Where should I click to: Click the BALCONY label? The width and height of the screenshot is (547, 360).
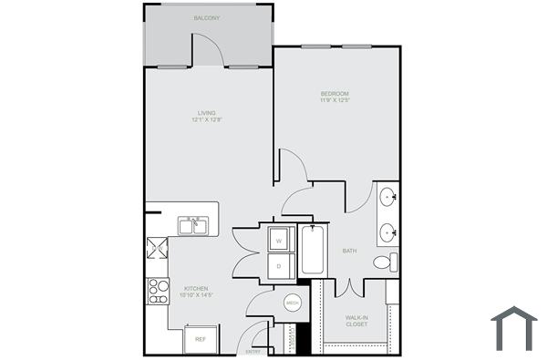click(x=207, y=18)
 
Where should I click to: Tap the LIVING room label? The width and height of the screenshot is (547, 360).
click(x=205, y=114)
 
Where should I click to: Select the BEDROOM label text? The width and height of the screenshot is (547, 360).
click(x=335, y=94)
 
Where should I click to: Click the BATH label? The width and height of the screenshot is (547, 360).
click(x=349, y=251)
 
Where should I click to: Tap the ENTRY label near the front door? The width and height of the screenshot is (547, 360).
click(x=253, y=352)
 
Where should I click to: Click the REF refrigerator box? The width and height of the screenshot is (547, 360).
click(x=201, y=339)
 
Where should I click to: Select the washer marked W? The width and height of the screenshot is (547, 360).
click(x=278, y=241)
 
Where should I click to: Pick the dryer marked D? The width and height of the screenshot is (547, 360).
click(x=278, y=265)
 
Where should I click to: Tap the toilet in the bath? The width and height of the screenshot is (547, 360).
click(x=384, y=262)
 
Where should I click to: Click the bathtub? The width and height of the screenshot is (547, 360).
click(x=311, y=251)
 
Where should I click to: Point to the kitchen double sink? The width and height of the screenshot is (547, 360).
click(x=191, y=224)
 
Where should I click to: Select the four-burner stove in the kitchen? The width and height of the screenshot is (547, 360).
click(x=159, y=291)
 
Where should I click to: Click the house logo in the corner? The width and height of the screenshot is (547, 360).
click(x=513, y=327)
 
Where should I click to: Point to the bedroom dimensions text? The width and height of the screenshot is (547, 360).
click(x=335, y=101)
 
